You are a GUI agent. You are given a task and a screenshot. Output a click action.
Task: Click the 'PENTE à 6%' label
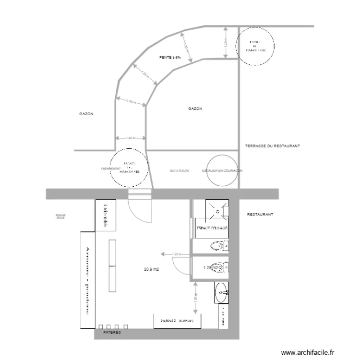point(170,58)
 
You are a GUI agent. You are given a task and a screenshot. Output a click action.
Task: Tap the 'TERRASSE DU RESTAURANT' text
point(272,146)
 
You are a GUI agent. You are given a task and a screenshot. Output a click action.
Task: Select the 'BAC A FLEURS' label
point(180,170)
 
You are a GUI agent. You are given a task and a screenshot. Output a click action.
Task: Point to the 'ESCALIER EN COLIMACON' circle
point(222,170)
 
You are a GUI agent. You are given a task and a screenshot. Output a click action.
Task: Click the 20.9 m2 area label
point(151,269)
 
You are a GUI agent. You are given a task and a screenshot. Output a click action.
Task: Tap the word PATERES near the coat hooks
point(111,332)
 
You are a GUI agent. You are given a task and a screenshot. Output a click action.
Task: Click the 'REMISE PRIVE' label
point(60,217)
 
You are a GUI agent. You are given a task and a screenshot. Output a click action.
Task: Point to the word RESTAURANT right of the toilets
point(260,215)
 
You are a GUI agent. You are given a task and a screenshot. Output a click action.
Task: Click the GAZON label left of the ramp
point(86,115)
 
